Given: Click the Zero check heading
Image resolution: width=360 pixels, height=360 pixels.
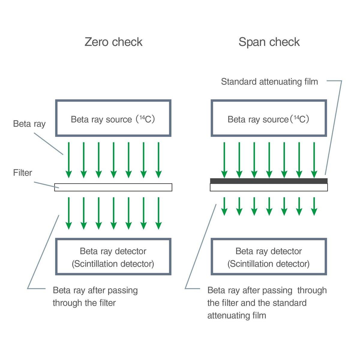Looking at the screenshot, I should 113,42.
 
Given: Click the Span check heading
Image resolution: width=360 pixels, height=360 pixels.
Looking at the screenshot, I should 269,42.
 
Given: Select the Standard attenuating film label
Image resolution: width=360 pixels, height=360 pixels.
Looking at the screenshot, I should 269,82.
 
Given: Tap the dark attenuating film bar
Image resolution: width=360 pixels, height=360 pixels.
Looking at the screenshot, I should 268,181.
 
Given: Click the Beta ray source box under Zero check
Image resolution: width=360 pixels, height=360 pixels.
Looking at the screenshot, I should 113,118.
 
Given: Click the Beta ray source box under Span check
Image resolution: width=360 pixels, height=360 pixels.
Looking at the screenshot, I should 268,118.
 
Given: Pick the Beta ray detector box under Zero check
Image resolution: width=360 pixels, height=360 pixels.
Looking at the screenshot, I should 113,257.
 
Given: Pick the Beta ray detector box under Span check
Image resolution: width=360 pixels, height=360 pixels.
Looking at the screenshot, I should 268,257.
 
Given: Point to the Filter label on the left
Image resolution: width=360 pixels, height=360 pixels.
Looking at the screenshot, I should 22,173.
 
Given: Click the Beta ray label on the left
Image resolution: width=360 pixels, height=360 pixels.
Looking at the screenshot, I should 29,124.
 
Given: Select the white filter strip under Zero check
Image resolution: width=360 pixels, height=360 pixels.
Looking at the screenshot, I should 113,187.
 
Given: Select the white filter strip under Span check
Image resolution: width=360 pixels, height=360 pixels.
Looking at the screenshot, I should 268,187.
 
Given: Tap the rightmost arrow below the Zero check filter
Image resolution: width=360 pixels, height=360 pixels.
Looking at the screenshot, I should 158,213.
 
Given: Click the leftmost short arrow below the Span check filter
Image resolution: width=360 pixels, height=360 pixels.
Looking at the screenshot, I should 224,206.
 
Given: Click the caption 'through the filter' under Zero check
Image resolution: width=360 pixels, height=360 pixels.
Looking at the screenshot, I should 84,303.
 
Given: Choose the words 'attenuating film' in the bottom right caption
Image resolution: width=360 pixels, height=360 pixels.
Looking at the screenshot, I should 236,315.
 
